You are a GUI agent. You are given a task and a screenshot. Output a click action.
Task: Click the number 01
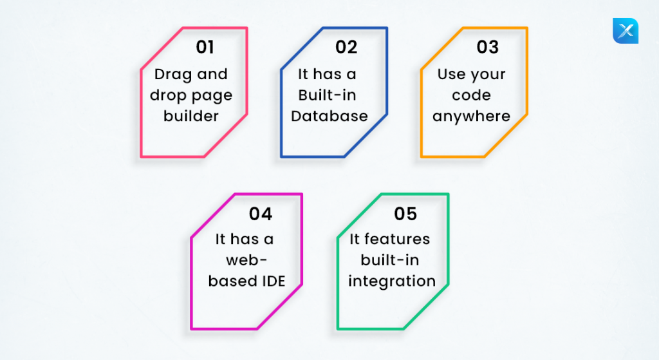click(x=205, y=47)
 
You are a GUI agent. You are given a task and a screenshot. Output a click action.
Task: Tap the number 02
click(x=346, y=47)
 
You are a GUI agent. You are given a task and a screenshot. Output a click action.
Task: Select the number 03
click(x=488, y=47)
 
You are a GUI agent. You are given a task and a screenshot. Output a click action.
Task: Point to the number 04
click(x=261, y=214)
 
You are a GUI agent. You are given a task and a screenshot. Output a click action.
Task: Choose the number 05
click(x=405, y=214)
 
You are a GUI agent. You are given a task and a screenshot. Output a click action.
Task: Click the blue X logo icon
click(x=626, y=31)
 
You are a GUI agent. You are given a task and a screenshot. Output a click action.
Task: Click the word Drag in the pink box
click(x=173, y=75)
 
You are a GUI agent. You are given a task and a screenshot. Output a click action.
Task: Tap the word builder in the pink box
click(x=191, y=116)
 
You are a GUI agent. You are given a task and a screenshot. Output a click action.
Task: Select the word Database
click(x=329, y=116)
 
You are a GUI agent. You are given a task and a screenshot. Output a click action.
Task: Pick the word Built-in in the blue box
click(x=328, y=95)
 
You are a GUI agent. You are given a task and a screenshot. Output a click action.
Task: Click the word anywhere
click(x=472, y=117)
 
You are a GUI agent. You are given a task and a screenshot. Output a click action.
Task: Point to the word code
click(x=472, y=95)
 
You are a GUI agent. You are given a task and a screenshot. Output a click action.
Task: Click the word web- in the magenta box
click(x=246, y=260)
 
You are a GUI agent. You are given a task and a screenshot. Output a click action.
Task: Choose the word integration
click(x=392, y=281)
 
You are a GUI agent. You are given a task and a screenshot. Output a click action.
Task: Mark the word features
click(x=397, y=239)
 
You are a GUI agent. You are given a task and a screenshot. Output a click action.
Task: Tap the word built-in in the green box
click(x=390, y=260)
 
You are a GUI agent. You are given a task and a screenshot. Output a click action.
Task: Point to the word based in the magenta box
click(x=233, y=281)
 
